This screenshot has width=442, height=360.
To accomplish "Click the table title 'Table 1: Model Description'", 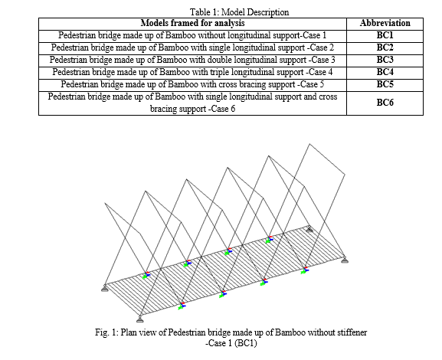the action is coord(239,12).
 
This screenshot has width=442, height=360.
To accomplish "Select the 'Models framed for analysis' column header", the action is coord(192,23).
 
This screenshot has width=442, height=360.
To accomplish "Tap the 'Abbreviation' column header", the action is coord(385,23).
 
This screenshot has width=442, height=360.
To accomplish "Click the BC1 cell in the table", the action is coord(385,35).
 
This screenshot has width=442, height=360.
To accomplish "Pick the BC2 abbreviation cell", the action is coord(385,47).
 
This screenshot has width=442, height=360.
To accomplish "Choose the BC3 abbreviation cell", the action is coord(385,60).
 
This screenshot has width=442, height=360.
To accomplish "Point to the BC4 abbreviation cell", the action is coord(385,72).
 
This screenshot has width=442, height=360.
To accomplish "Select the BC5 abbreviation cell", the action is coord(385,84).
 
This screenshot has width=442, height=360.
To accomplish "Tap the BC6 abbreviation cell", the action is coord(385,103).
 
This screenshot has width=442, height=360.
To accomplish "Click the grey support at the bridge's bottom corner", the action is coord(140,319).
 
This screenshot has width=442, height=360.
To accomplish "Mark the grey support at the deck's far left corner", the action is coord(105,289).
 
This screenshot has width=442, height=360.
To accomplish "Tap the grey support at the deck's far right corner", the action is coord(345,260).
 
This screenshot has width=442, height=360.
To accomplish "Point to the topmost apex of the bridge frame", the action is coord(309,144).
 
